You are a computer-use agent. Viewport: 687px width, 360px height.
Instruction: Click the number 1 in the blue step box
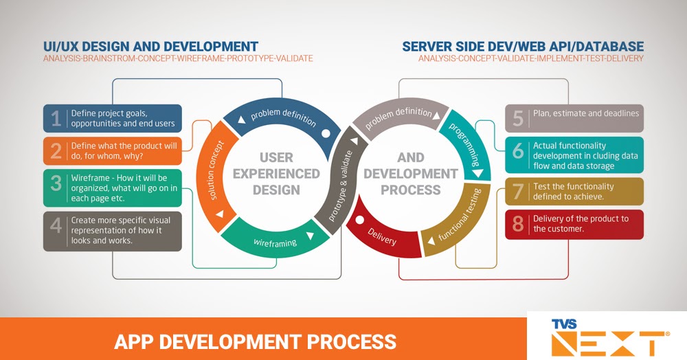[x=56, y=119]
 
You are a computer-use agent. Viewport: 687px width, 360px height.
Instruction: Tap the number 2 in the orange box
[x=56, y=151]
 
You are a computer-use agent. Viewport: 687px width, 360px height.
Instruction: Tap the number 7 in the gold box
[x=519, y=192]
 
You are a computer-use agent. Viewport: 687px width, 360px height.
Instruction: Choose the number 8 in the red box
[x=519, y=224]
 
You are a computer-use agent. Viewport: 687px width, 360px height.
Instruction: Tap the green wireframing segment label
[x=275, y=242]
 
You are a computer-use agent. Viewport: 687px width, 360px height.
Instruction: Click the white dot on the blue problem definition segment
[x=326, y=134]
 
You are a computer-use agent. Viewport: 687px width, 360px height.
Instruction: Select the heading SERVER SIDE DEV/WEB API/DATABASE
[x=523, y=46]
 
